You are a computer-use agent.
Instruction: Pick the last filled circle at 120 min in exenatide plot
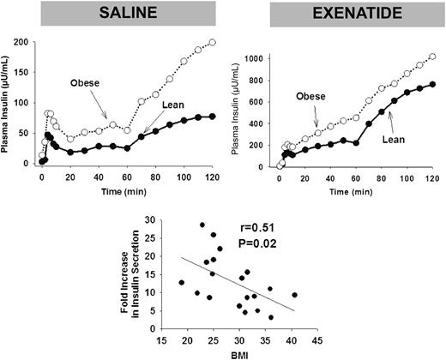pos(431,84)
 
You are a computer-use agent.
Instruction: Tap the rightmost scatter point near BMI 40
pos(295,295)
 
